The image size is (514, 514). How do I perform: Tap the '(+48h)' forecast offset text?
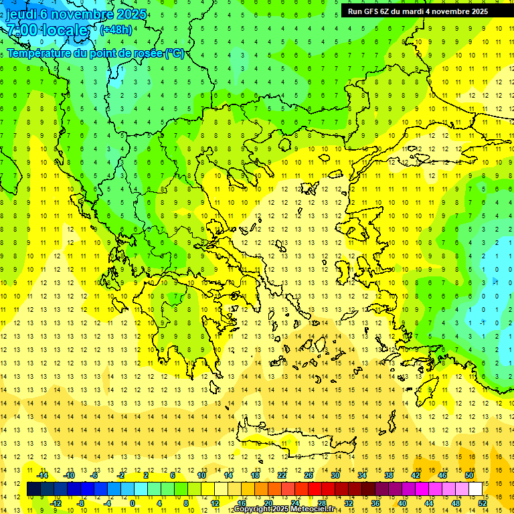[x=116, y=29]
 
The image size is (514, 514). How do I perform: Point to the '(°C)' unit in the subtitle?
[x=174, y=53]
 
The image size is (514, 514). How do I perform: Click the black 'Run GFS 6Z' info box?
[x=418, y=11]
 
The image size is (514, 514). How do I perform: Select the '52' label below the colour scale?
[x=483, y=503]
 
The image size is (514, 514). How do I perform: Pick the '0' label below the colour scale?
[x=133, y=503]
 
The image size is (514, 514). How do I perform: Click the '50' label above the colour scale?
[x=469, y=475]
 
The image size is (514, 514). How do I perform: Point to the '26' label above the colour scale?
[x=309, y=475]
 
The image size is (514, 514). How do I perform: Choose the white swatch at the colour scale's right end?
[x=475, y=489]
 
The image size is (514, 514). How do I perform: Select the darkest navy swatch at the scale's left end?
[x=33, y=489]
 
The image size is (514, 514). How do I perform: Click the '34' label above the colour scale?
[x=362, y=475]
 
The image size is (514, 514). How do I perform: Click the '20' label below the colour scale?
[x=268, y=503]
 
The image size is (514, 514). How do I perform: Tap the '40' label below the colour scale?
[x=402, y=503]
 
